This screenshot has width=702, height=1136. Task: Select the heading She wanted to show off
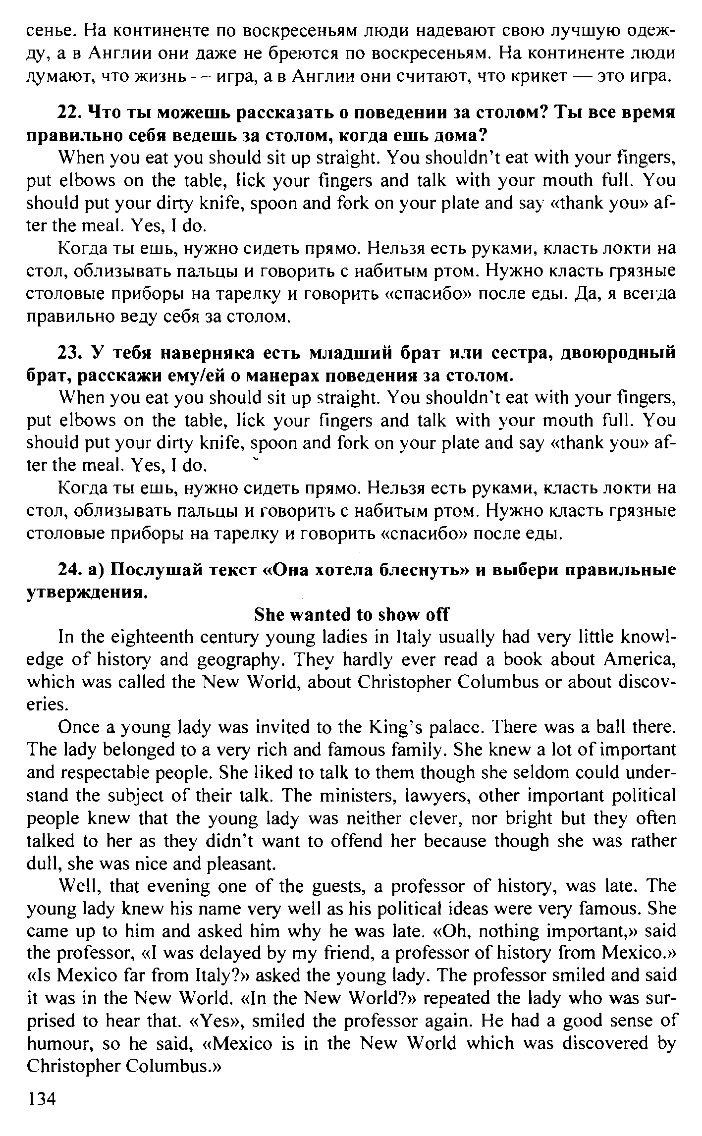351,615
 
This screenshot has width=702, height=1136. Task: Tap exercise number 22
69,112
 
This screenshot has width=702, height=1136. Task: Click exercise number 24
69,570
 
